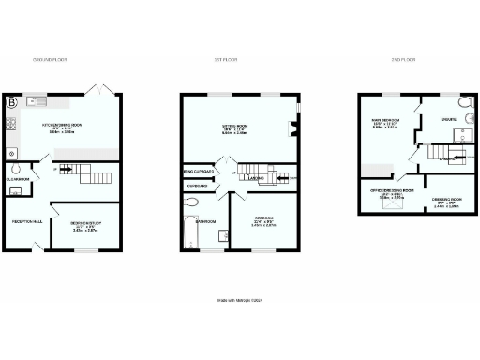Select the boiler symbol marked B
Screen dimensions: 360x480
point(13,102)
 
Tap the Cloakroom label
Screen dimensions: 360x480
point(18,178)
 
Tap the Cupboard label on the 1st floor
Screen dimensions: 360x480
point(197,185)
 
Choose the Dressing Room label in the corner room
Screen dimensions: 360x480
point(445,200)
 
